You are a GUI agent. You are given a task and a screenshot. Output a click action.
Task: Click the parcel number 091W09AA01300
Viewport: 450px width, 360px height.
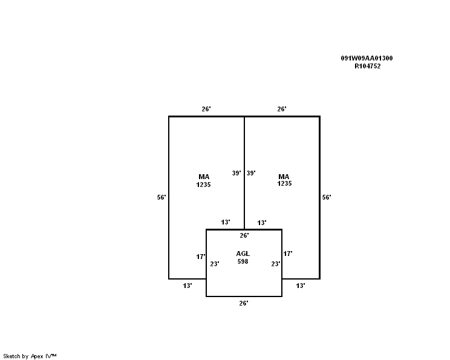coord(367,58)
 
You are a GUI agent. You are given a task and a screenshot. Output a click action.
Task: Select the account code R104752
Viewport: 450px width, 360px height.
coord(367,67)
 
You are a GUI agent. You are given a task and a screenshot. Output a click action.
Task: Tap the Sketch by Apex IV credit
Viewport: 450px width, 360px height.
coord(30,356)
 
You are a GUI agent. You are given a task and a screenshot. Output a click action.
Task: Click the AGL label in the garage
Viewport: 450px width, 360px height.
coord(243,254)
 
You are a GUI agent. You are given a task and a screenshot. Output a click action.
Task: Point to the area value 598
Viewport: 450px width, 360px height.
coord(243,261)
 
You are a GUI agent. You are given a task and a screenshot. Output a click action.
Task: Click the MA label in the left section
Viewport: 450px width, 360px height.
coord(204,177)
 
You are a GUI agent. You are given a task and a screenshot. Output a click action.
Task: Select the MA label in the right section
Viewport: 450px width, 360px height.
coord(284,177)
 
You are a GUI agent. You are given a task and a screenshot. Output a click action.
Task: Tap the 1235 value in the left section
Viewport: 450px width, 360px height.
coord(203,185)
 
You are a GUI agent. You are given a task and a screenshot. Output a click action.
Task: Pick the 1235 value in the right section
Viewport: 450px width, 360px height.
coord(284,183)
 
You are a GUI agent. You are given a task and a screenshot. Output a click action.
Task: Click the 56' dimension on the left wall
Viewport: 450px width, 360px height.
coord(161,197)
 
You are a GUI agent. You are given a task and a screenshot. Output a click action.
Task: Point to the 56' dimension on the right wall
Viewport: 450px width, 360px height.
coord(327,197)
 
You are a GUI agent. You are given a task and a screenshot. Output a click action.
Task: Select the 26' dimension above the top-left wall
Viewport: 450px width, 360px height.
coord(206,109)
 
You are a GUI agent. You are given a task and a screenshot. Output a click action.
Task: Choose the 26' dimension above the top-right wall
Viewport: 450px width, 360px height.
coord(282,109)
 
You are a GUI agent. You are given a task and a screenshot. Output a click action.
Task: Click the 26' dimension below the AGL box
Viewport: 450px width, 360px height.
coord(244,304)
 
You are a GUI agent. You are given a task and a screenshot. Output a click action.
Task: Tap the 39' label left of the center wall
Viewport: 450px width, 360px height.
coord(236,173)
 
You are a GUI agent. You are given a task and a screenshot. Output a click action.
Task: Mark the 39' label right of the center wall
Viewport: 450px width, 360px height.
coord(251,173)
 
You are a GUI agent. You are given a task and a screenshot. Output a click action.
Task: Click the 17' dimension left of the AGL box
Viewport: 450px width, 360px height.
coord(201,257)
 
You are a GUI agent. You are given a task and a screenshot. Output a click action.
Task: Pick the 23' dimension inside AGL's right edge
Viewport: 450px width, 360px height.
coord(276,264)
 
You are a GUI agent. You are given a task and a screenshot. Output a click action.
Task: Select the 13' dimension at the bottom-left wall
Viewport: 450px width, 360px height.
coord(187,286)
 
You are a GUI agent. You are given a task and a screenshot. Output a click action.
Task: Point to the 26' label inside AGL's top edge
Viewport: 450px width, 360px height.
coord(244,236)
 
